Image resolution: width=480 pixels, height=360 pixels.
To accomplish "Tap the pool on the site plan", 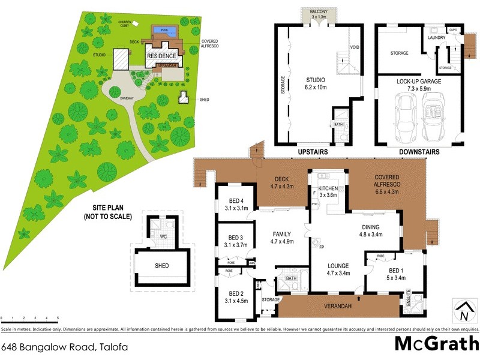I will tap(164, 30).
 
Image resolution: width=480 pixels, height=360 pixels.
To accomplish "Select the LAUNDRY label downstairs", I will tap(436, 37).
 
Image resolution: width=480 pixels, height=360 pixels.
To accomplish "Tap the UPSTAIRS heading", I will tap(313, 152).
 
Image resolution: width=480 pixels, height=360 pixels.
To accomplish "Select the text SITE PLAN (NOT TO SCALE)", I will tap(107, 212).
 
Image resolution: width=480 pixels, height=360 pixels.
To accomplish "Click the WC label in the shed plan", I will tap(163, 237).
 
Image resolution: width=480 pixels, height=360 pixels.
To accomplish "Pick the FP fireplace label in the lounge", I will tap(322, 248).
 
